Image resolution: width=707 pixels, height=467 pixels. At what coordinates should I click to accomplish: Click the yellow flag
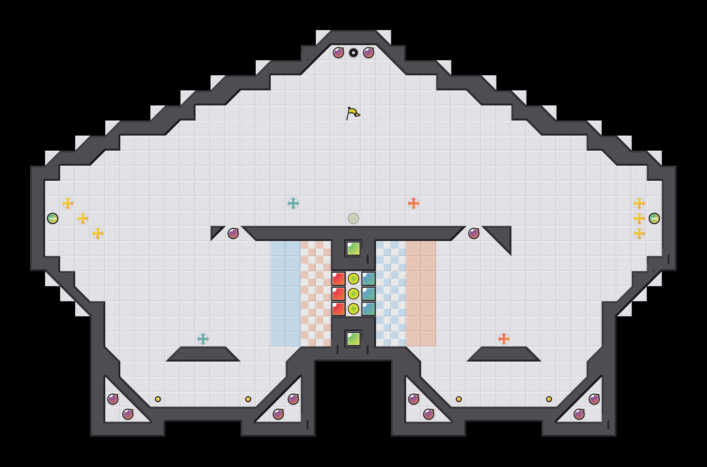[x=353, y=113]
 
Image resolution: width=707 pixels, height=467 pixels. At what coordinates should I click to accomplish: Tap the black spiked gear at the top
[x=353, y=53]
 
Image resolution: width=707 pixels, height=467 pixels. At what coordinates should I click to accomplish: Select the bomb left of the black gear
[x=338, y=53]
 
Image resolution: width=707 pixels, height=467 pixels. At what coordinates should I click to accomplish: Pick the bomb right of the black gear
[x=369, y=53]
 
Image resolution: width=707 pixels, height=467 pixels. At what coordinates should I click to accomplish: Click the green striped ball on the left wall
[x=53, y=218]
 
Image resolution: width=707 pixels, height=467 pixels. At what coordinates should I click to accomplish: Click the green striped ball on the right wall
[x=654, y=218]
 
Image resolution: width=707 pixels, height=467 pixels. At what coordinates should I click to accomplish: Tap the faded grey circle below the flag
[x=353, y=218]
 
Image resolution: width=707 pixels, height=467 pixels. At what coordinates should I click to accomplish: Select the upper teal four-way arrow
[x=293, y=203]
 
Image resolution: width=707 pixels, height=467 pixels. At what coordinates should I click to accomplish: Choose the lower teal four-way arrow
[x=203, y=339]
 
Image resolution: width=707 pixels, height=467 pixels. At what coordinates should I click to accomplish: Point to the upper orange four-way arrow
[x=414, y=203]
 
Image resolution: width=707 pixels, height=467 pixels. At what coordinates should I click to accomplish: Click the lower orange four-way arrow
[x=504, y=339]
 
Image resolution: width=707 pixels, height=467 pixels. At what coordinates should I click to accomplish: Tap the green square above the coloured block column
[x=353, y=249]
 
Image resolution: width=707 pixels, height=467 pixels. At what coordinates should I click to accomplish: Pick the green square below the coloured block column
[x=353, y=339]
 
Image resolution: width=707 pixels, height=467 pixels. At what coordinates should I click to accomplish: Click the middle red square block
[x=338, y=294]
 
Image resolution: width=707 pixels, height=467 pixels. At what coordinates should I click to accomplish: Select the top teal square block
[x=369, y=279]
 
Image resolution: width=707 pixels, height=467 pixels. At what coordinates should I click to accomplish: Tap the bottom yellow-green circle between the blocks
[x=353, y=309]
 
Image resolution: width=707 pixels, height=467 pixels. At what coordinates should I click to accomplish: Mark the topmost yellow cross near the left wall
[x=68, y=203]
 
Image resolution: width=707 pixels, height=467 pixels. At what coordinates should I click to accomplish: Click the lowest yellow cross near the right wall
[x=639, y=233]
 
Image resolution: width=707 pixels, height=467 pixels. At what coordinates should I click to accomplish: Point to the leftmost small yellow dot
[x=158, y=399]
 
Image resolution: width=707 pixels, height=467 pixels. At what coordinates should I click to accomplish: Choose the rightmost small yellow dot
[x=549, y=399]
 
